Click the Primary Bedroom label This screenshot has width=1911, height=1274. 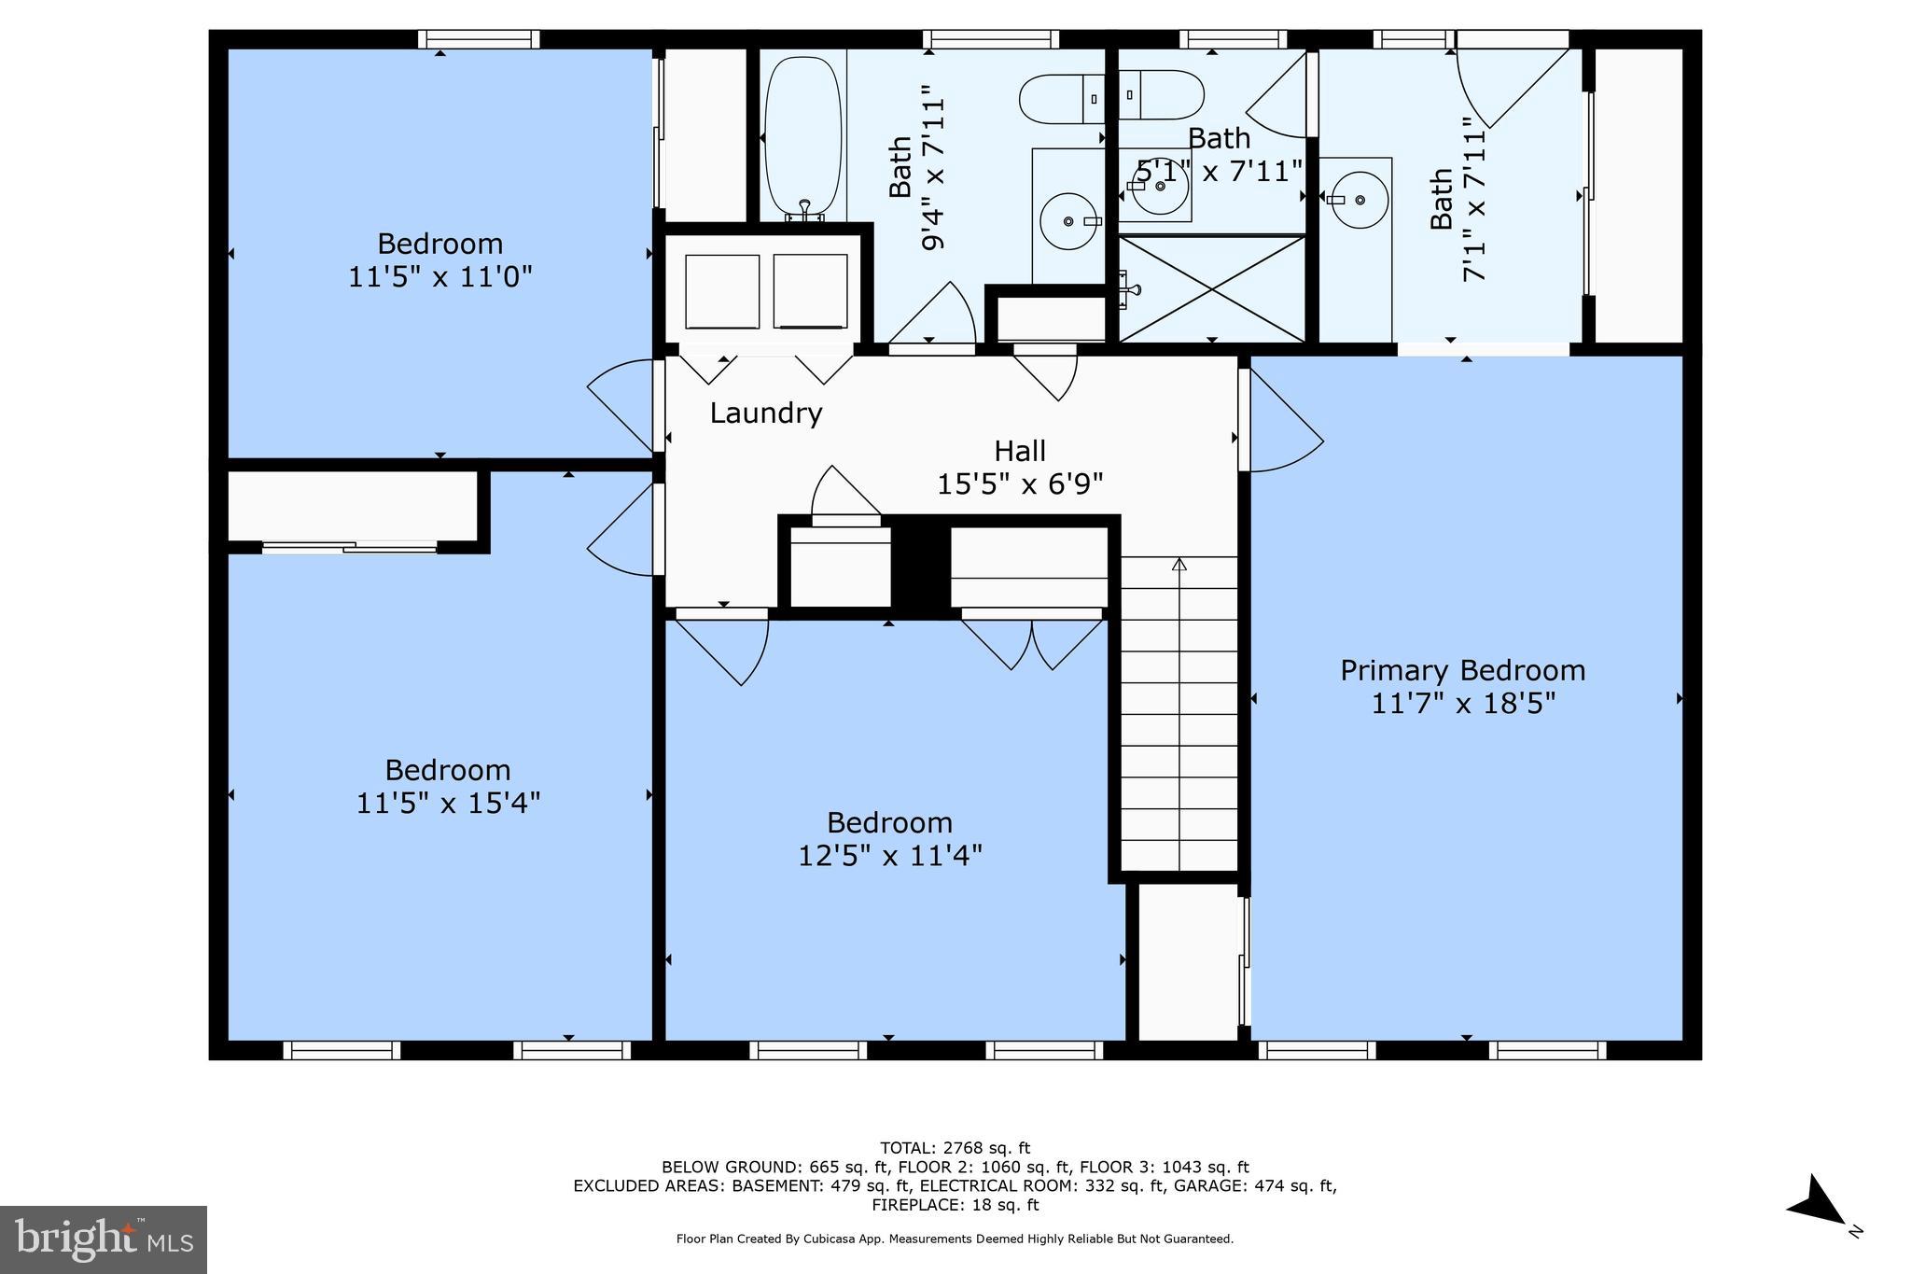tap(1462, 670)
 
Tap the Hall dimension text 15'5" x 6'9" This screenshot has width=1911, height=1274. tap(1020, 484)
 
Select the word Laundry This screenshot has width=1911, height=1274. tap(766, 413)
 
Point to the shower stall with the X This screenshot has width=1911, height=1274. tap(1211, 288)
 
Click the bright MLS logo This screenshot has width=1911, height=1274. tap(103, 1239)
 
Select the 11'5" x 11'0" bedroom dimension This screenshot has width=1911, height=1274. tap(439, 277)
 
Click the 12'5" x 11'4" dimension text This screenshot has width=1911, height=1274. tap(889, 856)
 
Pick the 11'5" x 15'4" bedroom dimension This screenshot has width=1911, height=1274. tap(448, 803)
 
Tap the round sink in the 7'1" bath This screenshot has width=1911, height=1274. tap(1359, 200)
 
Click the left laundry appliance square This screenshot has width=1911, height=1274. tap(721, 290)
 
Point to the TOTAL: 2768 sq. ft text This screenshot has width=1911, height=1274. tap(955, 1148)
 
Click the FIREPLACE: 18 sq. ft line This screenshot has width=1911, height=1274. tap(955, 1205)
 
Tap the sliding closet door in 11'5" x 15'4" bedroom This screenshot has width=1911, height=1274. tap(349, 547)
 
